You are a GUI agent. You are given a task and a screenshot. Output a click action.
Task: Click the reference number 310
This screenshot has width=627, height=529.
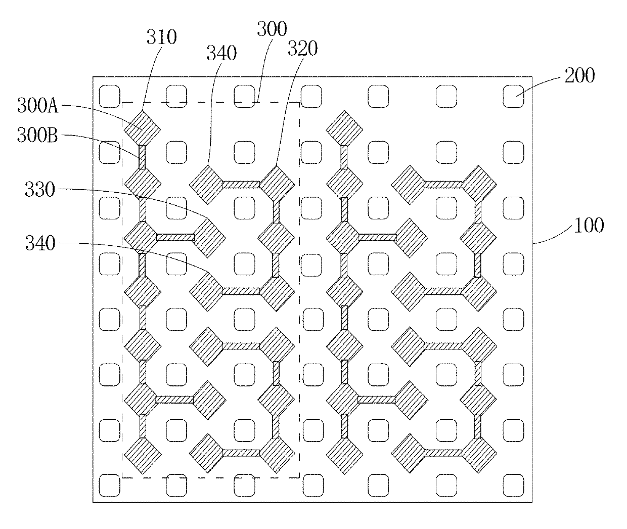161,37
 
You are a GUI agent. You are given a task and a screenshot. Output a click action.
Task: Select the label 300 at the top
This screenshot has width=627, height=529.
272,29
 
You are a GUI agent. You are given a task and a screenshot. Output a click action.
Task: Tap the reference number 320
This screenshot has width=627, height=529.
302,49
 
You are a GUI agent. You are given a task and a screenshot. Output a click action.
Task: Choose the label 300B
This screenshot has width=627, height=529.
38,136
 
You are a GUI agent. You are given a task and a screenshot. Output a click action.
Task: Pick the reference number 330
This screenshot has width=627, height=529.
40,190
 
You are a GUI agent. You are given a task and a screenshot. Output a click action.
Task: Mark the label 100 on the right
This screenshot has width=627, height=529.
589,225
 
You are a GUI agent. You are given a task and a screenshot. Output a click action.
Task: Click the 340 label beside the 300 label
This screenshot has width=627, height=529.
221,53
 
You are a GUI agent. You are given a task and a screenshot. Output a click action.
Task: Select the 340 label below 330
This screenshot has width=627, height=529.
40,244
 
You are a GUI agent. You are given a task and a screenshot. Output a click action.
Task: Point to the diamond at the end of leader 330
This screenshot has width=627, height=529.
208,237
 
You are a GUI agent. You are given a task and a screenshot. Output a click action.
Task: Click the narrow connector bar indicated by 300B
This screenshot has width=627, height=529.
142,158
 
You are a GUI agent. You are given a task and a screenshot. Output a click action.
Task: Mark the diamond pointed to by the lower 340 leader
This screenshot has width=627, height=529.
206,290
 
